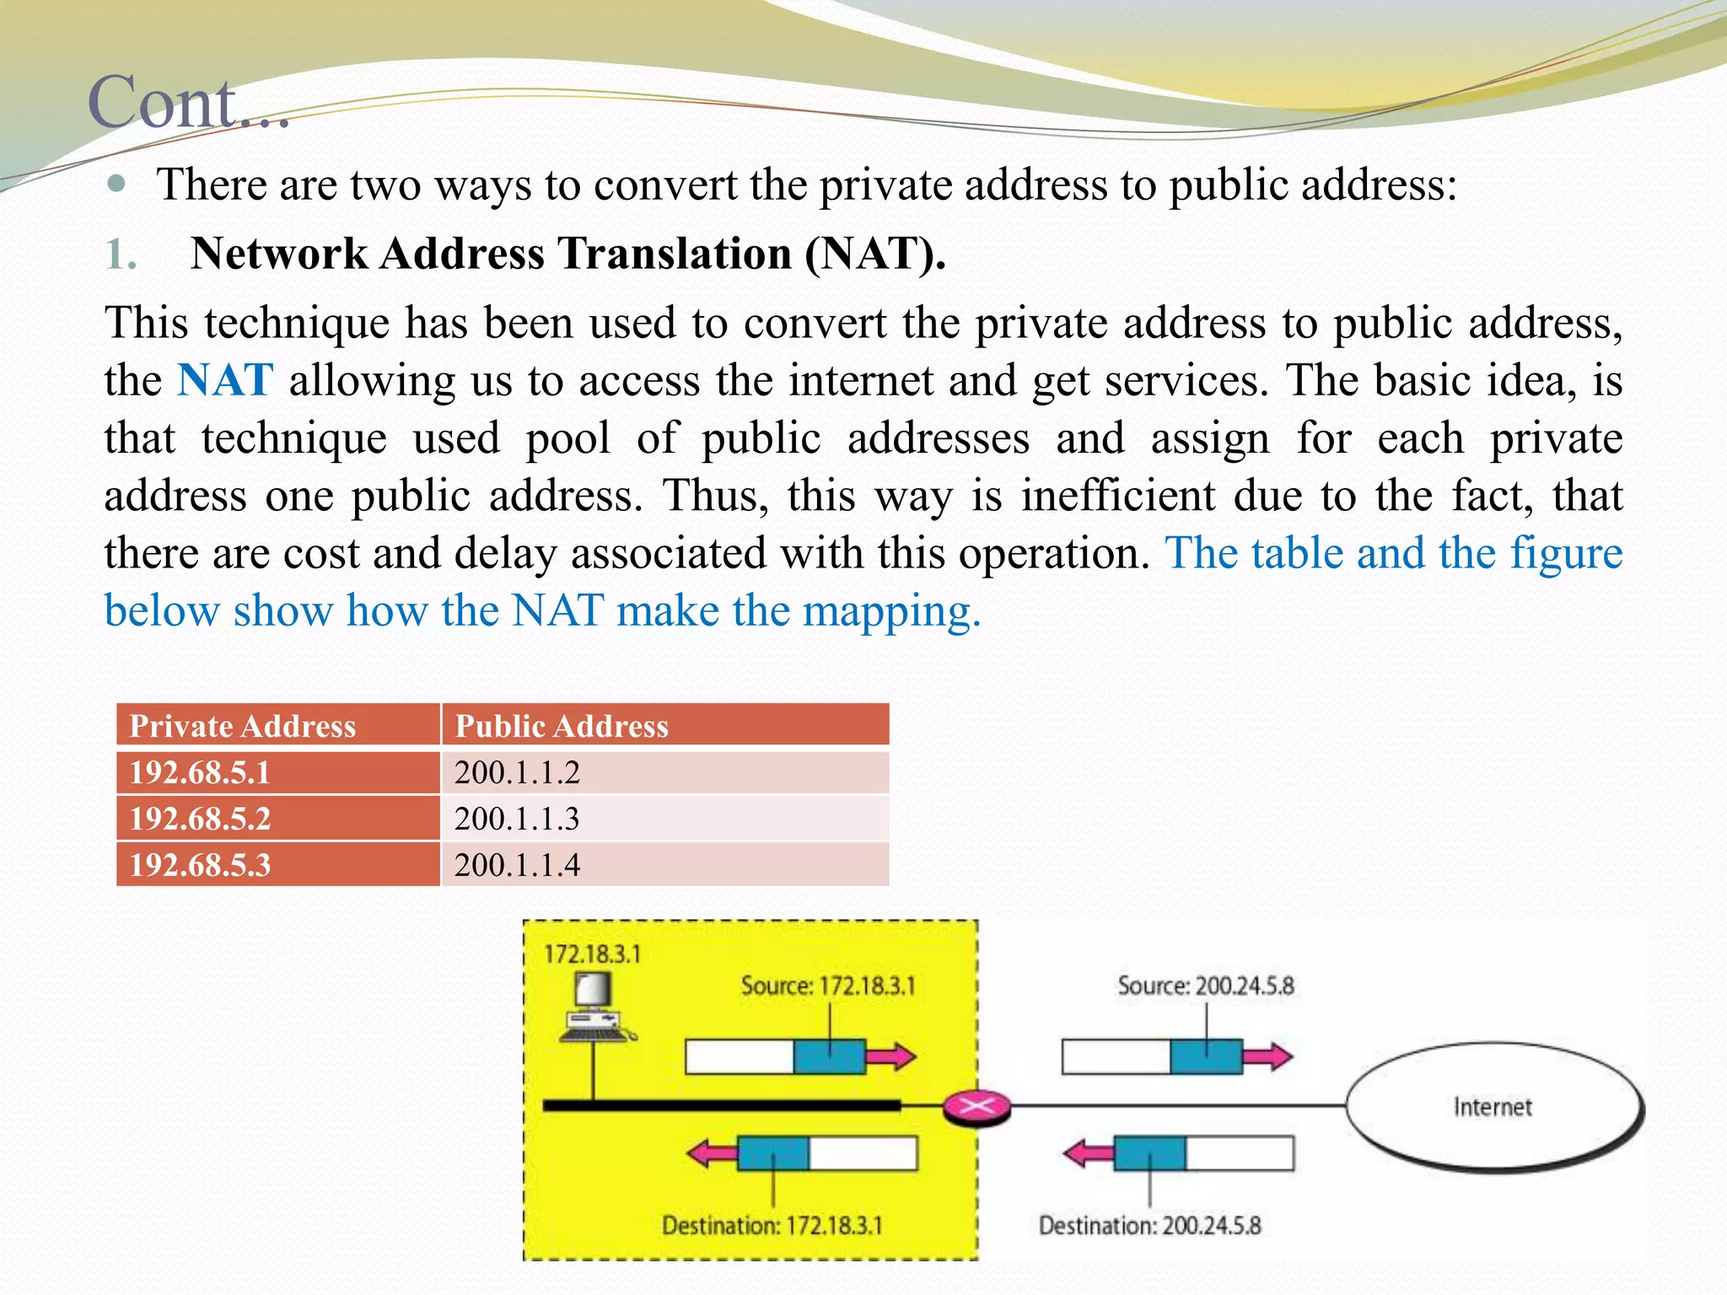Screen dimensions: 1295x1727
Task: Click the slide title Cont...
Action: (x=187, y=103)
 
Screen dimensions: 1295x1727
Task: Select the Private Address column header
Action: (x=242, y=726)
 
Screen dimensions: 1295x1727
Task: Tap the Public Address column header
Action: (x=562, y=726)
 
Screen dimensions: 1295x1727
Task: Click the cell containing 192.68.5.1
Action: (x=200, y=772)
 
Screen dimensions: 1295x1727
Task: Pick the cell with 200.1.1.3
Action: (x=517, y=819)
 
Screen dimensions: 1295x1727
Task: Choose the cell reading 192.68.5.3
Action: (x=200, y=865)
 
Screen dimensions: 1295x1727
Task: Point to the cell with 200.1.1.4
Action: (x=517, y=865)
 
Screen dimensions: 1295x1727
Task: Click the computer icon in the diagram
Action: (x=594, y=1008)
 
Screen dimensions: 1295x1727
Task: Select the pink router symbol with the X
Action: (x=976, y=1105)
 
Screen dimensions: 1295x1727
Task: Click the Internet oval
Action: (x=1493, y=1106)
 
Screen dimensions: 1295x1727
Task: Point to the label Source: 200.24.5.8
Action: (x=1205, y=986)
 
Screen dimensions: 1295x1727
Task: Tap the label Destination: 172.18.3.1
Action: (x=772, y=1225)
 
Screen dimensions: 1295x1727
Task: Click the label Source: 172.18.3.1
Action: (x=828, y=986)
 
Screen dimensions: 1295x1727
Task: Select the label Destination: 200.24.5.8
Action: (x=1149, y=1225)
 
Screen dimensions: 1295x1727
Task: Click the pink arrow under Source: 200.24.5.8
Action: (x=1269, y=1056)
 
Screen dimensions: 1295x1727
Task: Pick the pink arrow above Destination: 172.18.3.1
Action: (x=712, y=1153)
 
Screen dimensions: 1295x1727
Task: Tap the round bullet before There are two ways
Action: (x=117, y=184)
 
